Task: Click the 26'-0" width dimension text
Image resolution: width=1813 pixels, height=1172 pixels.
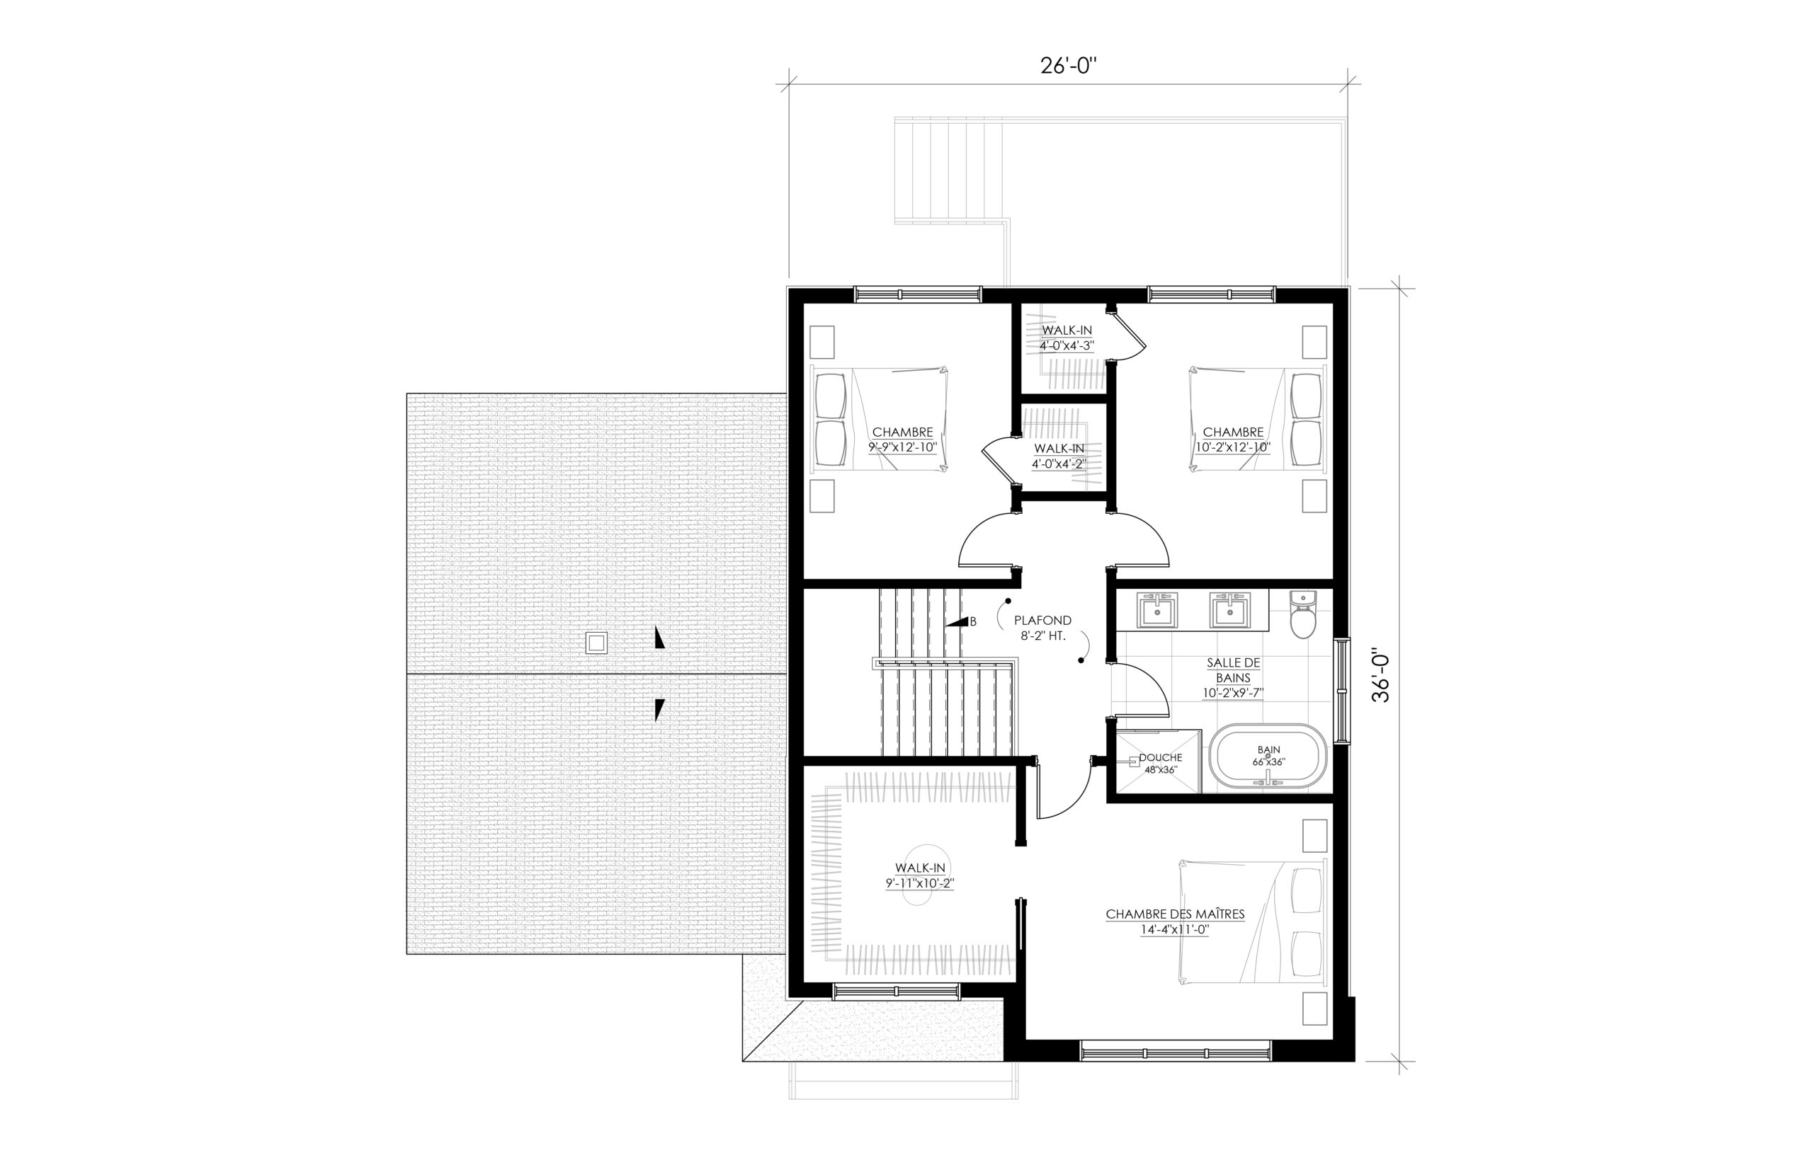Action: (1067, 67)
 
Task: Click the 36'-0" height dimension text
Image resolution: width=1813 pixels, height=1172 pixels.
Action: (1381, 675)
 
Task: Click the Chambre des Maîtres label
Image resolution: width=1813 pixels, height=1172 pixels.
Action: (1175, 921)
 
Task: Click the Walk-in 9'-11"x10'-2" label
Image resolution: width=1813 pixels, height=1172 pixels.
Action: (920, 875)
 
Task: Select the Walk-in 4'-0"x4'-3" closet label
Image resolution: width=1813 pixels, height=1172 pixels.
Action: (1067, 337)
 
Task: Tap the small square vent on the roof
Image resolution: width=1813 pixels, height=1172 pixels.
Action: (596, 644)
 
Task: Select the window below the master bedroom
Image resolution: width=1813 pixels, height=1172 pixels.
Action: (1176, 1052)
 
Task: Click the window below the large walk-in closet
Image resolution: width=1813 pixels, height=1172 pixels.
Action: (895, 991)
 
